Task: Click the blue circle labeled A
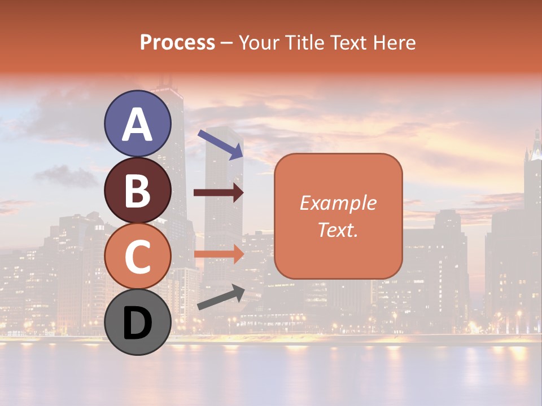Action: [x=138, y=123]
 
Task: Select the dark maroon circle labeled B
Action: [x=138, y=190]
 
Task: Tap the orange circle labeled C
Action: [x=138, y=256]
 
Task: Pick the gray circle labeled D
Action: [x=138, y=322]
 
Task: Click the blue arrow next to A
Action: [x=220, y=144]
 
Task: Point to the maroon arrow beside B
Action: [x=218, y=193]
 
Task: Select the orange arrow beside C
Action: [x=218, y=254]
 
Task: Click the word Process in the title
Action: [x=177, y=42]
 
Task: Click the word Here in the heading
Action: [x=395, y=42]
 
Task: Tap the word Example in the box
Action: [x=338, y=203]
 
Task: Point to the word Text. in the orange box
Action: [x=338, y=230]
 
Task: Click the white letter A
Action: [x=138, y=125]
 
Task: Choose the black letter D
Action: [x=138, y=323]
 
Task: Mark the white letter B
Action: [x=138, y=191]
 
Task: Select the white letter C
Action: [x=138, y=257]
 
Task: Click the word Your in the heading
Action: [x=260, y=42]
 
